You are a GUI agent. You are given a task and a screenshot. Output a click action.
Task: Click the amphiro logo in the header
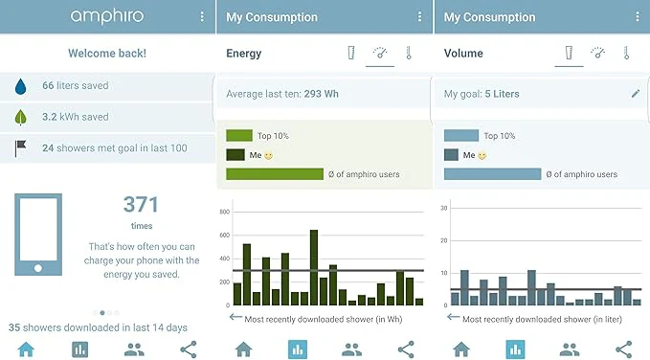coord(107,16)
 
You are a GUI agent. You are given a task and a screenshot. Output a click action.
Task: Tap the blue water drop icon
coord(20,86)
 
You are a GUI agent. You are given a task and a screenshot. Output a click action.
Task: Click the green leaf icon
coord(20,118)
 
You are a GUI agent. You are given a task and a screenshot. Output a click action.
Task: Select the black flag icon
coord(20,148)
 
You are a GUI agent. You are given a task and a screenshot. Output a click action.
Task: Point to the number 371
coord(141,205)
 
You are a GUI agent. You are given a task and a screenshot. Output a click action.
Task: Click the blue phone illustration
coord(38,235)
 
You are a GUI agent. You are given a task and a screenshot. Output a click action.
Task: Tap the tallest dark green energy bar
coord(314,267)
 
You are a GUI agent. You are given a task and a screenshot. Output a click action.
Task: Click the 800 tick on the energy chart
coord(224,212)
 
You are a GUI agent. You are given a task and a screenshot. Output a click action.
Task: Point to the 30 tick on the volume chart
coord(444,208)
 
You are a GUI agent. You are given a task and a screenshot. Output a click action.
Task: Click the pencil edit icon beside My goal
coord(636,94)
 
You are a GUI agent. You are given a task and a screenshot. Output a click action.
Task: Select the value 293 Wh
coord(322,94)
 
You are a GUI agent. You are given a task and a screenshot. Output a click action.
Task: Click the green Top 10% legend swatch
coord(239,136)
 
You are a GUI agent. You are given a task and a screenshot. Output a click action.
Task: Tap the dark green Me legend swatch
coord(235,155)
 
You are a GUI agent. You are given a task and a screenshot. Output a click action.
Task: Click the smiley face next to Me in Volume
coord(482,155)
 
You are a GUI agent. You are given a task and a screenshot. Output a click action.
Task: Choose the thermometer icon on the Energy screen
coord(409,53)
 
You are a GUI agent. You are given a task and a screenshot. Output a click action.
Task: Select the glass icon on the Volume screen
coord(569,53)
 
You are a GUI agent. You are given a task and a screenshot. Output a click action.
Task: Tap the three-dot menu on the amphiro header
coord(202,16)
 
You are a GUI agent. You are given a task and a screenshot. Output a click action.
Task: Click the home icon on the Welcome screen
coord(26,349)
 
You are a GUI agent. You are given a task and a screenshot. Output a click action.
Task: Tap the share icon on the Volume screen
coord(623,349)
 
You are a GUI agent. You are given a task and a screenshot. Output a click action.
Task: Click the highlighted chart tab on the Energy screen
coord(298,349)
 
